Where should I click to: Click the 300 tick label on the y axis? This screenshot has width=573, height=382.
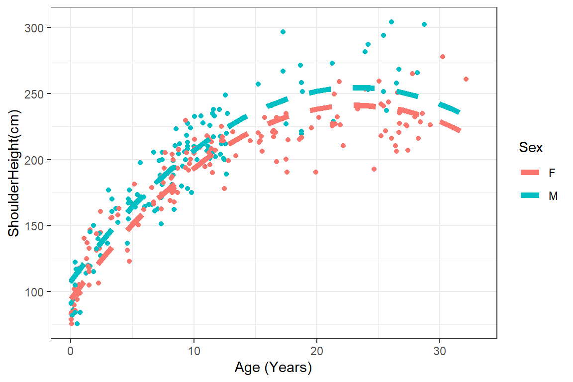(34, 27)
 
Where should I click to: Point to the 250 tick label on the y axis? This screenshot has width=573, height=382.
(34, 94)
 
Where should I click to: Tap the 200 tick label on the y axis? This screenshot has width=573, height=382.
(34, 160)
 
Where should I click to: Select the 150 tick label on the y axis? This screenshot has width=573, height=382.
(34, 226)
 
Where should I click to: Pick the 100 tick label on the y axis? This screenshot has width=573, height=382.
(34, 292)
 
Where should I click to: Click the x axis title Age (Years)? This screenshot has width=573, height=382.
(273, 368)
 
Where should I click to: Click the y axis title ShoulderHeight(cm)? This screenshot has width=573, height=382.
(13, 181)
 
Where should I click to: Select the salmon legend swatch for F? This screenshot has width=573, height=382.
(531, 173)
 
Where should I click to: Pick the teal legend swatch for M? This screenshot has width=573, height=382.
(531, 196)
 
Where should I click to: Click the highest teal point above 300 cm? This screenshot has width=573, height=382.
(391, 22)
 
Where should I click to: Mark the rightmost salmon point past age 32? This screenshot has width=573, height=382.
(466, 79)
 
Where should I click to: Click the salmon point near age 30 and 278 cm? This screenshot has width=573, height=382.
(443, 57)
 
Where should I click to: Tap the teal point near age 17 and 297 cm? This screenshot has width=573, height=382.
(283, 32)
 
